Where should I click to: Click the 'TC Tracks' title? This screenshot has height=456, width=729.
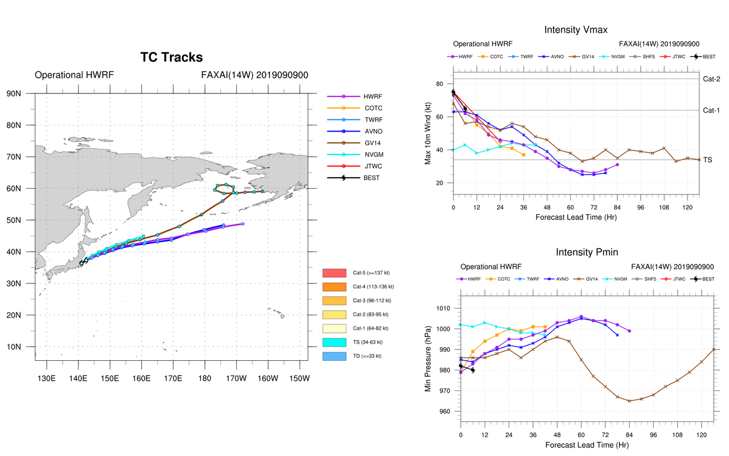click(171, 57)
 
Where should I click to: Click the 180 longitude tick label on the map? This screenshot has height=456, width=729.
click(204, 378)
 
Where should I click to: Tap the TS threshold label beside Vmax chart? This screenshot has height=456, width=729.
click(707, 161)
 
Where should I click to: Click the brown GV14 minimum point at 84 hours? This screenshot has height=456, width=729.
click(629, 401)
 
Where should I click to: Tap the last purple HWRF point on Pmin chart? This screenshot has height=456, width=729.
click(629, 331)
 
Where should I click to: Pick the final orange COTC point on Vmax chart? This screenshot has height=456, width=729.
click(523, 154)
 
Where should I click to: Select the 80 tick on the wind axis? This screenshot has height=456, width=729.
click(440, 84)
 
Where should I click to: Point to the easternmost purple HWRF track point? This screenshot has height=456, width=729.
click(243, 224)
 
